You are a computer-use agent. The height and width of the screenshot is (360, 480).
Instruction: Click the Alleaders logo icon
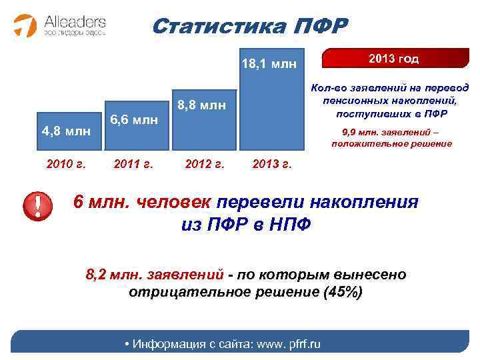[25, 25]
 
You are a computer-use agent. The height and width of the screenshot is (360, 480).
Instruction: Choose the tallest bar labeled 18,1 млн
[269, 100]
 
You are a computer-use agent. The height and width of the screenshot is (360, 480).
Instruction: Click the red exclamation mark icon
[38, 207]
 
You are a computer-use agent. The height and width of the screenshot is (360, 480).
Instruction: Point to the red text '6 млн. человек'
[140, 203]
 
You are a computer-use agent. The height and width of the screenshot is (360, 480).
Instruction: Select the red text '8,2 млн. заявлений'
[155, 274]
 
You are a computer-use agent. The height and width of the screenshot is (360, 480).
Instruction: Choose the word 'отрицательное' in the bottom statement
[179, 292]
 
